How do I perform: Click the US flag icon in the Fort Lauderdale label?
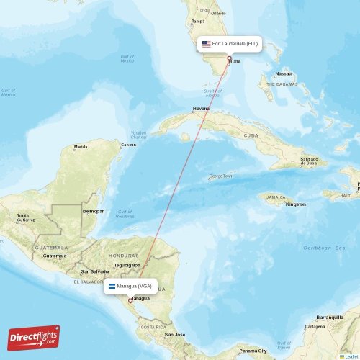[x=206, y=44]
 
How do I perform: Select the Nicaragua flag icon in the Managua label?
[x=112, y=286]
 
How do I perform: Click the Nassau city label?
[x=284, y=73]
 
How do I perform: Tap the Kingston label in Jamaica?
[x=295, y=204]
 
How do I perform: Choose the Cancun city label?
[x=128, y=145]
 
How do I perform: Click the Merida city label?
[x=81, y=147]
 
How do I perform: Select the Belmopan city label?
[x=94, y=211]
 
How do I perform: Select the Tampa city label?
[x=198, y=21]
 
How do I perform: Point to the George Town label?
[x=220, y=176]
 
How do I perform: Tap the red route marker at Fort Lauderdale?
[x=229, y=59]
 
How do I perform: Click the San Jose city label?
[x=174, y=335]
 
